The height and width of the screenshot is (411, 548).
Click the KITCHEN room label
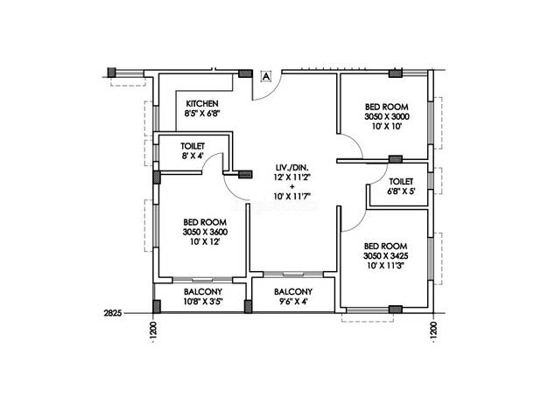202,104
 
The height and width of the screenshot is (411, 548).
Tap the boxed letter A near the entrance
266,76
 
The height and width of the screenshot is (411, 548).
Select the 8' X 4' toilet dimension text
193,156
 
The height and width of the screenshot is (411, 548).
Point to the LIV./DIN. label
292,168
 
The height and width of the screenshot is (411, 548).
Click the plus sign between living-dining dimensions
292,187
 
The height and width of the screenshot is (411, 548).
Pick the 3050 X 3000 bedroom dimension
387,116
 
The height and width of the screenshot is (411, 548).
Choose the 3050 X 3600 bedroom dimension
205,232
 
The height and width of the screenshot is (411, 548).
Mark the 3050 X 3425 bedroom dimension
385,256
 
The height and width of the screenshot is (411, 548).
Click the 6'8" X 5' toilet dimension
401,192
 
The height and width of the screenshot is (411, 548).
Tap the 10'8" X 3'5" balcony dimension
203,301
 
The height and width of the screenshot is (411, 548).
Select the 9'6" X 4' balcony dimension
293,301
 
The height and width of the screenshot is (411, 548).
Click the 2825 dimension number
113,313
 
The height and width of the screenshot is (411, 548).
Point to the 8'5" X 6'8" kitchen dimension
202,114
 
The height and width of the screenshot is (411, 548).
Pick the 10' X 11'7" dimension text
292,197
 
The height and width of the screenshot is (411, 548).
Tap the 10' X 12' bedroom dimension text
205,241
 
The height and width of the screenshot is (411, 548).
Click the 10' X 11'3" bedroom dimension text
385,266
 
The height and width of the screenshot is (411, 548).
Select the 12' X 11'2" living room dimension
292,178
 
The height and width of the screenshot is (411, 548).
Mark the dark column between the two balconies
248,306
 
